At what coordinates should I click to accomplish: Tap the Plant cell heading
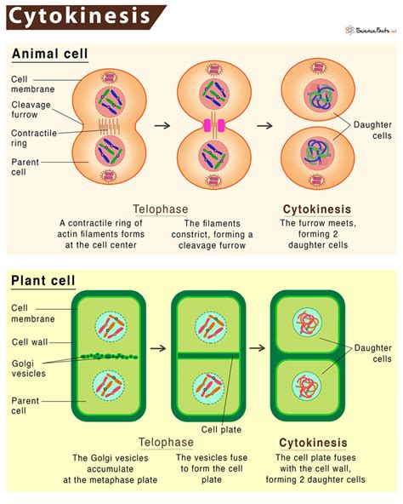[43, 280]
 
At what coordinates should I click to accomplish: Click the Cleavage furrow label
[31, 112]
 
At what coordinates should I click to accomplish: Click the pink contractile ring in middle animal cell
[213, 126]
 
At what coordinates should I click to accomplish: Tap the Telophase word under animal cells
[161, 209]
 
